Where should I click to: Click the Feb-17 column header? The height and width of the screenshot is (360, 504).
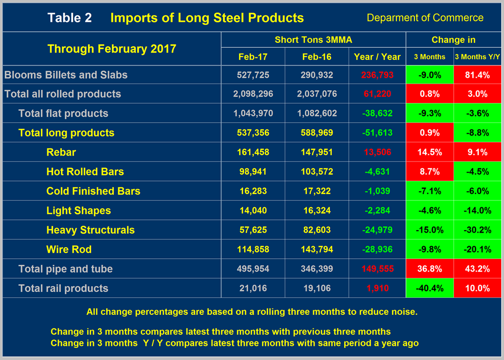coord(253,57)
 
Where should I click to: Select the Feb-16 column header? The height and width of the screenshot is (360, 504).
coord(317,57)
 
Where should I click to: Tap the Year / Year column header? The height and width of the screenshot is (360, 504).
coord(377,57)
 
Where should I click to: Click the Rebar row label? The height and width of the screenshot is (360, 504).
coord(61,152)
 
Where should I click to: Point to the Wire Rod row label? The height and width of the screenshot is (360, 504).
coord(69,250)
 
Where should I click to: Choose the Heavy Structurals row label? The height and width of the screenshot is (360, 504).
coord(90,230)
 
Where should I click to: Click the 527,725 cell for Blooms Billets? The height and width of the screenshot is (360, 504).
coord(253,75)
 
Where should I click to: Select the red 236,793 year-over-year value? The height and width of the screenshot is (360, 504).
coord(377,75)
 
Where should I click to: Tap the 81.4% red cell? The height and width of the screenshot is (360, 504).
coord(478,75)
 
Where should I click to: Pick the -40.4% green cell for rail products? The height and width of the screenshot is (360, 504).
coord(429,288)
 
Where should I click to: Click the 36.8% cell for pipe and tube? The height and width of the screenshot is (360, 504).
coord(429,269)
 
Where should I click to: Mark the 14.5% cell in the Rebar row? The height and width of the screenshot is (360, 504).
coord(429,152)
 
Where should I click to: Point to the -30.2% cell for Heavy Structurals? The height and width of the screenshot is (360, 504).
coord(478,230)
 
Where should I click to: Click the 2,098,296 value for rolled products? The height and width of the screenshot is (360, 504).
coord(253,94)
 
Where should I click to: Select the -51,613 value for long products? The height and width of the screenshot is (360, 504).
coord(377,133)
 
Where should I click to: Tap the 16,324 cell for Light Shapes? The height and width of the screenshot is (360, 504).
coord(317,211)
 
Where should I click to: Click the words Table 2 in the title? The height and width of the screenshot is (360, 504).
coord(69,18)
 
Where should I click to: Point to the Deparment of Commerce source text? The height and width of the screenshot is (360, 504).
coord(425,18)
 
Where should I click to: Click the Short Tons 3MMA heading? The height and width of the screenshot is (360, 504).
coord(313,40)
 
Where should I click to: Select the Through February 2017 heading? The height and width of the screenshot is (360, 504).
coord(112,49)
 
